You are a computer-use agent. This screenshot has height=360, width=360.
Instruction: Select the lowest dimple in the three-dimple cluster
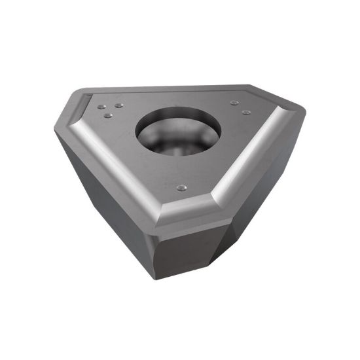point(108,116)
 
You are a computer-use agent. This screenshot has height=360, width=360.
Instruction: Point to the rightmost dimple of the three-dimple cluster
point(118,105)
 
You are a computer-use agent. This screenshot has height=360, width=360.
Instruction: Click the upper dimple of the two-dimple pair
point(234,102)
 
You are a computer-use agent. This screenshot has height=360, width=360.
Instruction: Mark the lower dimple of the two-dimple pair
point(245,112)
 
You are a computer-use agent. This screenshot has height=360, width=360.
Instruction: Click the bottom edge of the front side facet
point(187,278)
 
